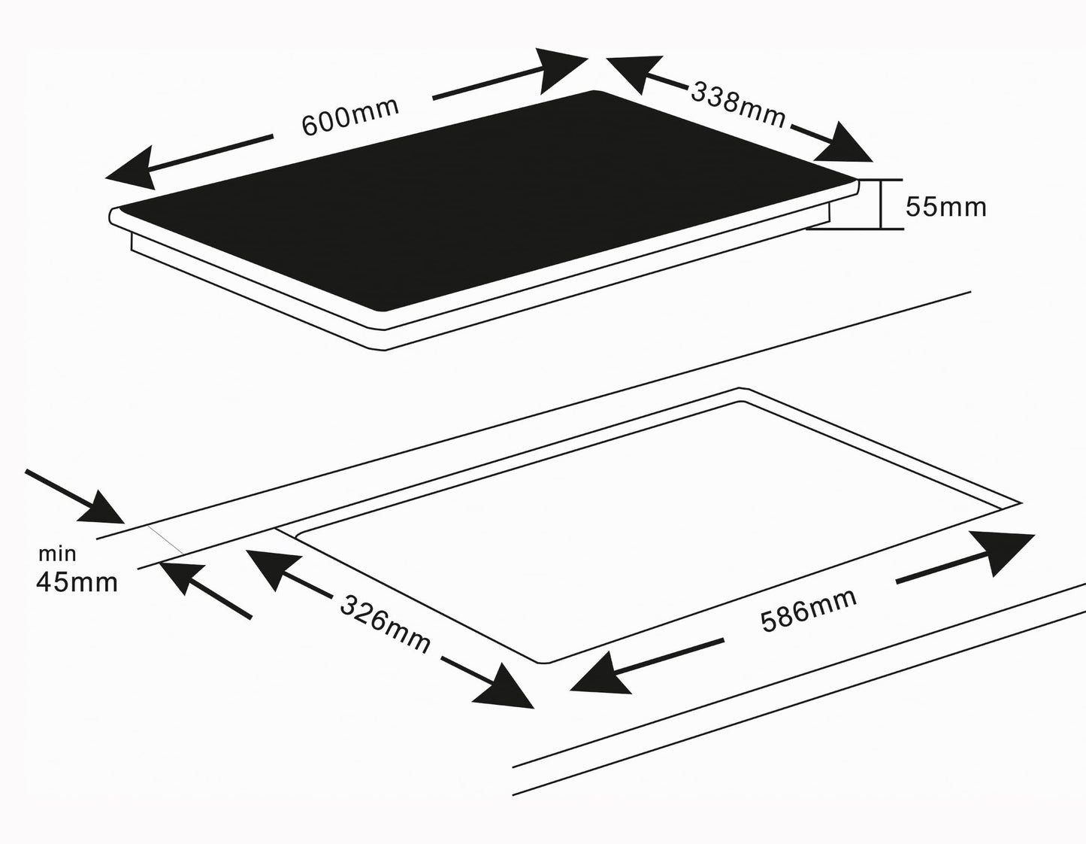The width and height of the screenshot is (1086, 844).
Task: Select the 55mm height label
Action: coord(946,207)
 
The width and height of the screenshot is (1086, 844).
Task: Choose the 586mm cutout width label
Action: coord(809,610)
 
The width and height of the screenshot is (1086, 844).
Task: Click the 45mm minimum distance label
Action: coord(77,581)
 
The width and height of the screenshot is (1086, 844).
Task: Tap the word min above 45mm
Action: coord(57,554)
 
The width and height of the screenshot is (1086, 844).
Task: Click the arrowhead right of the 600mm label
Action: coord(561,71)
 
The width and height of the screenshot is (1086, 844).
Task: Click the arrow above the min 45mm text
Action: coord(75,496)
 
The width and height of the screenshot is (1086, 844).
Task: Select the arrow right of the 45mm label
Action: coord(205,590)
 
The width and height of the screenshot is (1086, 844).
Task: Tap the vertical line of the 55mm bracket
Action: coord(881,204)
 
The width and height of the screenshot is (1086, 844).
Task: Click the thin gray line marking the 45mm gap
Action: coord(166,539)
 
